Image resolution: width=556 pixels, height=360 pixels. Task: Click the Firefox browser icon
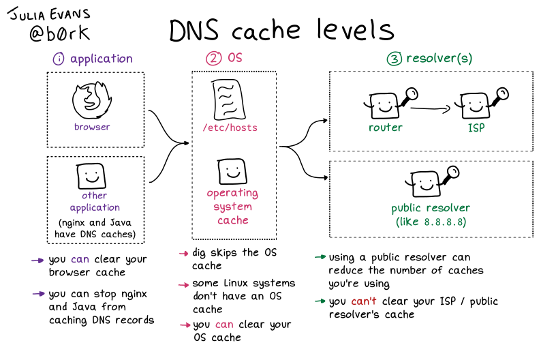pos(91,101)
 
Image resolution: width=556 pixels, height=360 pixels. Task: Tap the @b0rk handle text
pos(59,33)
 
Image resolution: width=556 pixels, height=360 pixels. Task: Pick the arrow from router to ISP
pos(432,107)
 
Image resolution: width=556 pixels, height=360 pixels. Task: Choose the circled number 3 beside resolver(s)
pos(394,59)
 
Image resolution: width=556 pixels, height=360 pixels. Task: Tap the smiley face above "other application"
pos(91,177)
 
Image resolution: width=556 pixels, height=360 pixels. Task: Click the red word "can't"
pos(367,301)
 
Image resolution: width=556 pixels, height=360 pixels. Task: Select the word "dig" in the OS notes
pos(202,253)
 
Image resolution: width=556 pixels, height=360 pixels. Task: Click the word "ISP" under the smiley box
pos(475,127)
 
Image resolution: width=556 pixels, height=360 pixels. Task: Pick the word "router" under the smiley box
pos(385,127)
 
